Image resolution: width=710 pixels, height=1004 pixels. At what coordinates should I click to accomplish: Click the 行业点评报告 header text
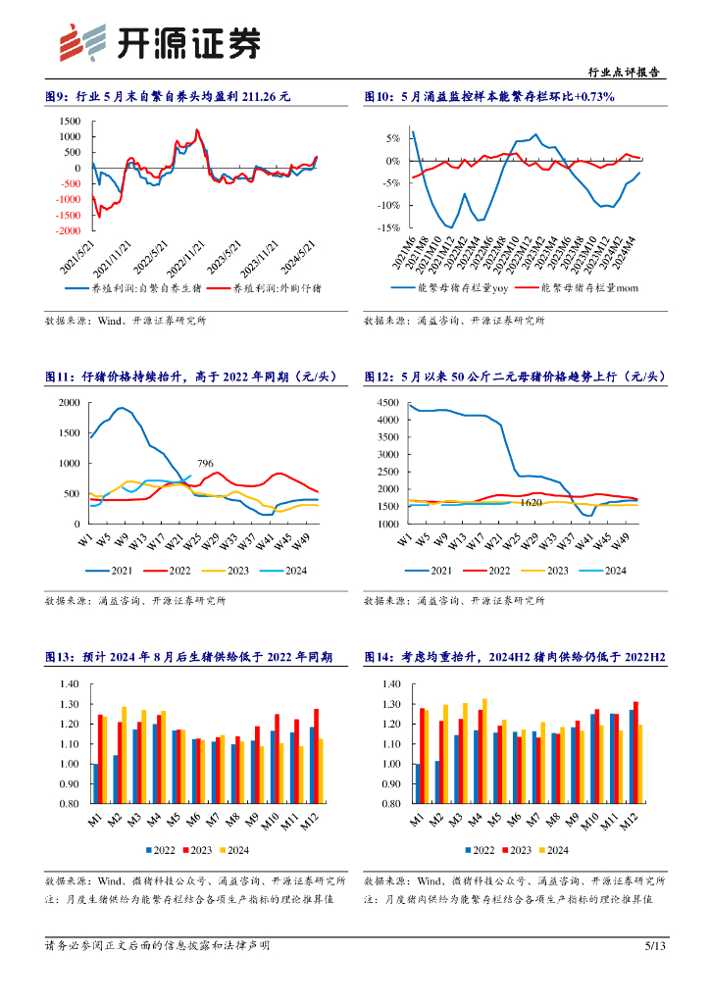point(622,73)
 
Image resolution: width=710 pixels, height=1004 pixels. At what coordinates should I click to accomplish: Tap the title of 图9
point(168,96)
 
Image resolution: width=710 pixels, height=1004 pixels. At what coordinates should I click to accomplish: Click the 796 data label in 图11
point(205,464)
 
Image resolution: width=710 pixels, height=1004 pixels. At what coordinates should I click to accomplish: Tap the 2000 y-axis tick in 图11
point(68,403)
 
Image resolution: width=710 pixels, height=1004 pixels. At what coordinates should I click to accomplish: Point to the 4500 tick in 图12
point(389,403)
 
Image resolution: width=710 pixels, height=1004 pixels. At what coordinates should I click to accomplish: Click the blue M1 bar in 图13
point(95,783)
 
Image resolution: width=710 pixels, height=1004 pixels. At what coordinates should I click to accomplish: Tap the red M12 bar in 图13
point(317,756)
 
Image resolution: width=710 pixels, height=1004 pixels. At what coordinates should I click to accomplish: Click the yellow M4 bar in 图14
point(484,750)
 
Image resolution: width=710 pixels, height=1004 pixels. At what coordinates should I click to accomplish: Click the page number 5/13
point(655,945)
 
